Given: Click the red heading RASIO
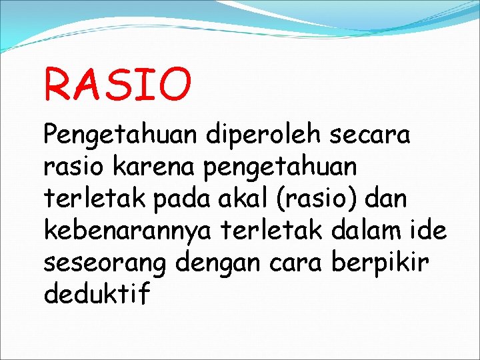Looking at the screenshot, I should coord(117,83).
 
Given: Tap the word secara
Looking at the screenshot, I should coord(371,136).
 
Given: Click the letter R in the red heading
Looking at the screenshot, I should coord(57,83).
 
